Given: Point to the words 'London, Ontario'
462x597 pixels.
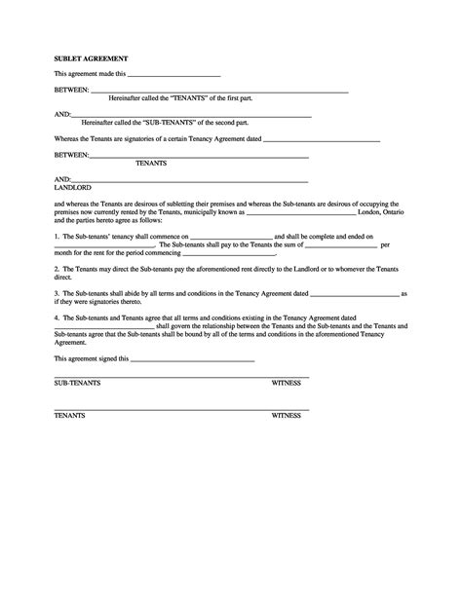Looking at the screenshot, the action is tap(381, 210).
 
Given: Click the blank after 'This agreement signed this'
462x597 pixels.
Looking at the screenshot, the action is tap(192, 359).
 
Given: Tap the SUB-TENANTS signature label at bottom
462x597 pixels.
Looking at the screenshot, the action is tap(76, 384).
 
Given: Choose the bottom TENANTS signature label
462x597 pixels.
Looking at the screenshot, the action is tap(69, 416).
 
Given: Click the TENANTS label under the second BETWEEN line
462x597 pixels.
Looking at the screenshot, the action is tap(150, 163).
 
